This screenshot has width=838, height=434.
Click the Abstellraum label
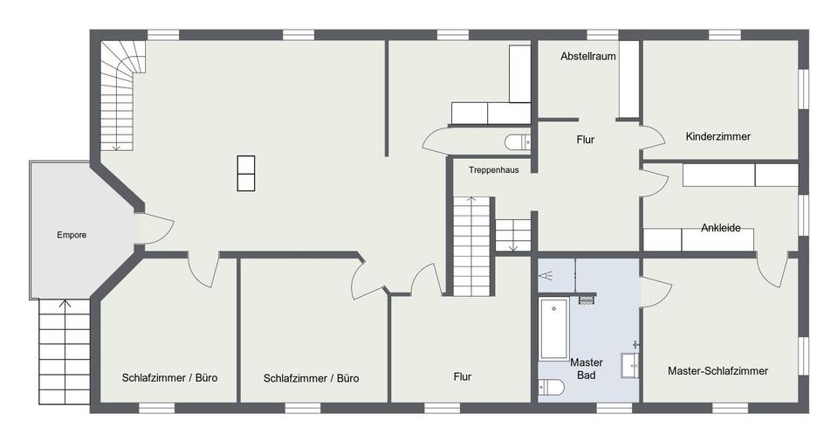587,56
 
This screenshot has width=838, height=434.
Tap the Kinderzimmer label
718,136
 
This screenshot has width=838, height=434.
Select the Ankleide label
720,228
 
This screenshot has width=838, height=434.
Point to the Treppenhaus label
494,170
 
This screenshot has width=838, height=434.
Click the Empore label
72,235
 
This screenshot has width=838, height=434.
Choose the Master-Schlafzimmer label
718,370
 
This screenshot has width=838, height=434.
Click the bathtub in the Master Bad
553,328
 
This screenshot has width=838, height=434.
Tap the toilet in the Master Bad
551,387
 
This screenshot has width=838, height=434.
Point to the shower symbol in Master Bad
546,276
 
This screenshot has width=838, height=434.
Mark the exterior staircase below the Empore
64,352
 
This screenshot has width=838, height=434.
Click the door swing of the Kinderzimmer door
653,137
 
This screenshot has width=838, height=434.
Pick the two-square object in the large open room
246,173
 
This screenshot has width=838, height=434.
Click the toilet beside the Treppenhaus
518,142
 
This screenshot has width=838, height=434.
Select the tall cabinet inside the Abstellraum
629,79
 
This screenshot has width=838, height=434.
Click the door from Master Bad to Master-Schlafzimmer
656,293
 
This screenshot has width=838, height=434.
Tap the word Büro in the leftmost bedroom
206,378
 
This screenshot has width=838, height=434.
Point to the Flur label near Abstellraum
586,140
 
